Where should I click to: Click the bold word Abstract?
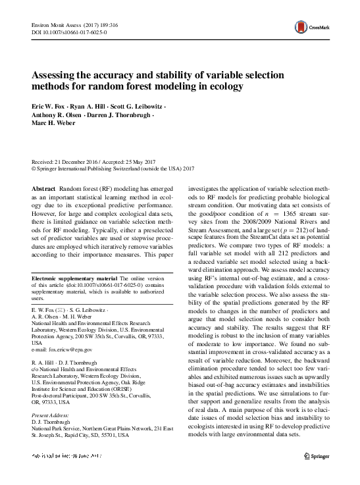click(45, 188)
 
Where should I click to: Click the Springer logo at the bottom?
click(319, 474)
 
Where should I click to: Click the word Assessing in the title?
click(56, 75)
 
